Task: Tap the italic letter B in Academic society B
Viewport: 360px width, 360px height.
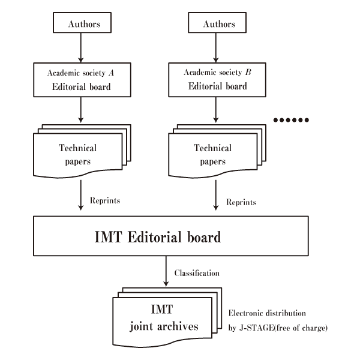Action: point(247,73)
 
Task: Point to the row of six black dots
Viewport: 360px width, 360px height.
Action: point(291,120)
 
